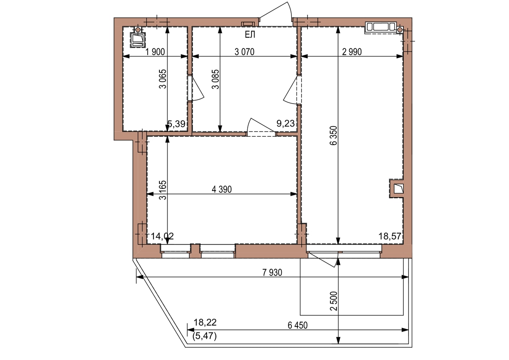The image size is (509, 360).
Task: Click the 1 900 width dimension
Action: click(155, 52)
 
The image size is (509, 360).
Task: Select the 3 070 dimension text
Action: click(244, 52)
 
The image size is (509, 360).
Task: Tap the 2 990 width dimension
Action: click(352, 52)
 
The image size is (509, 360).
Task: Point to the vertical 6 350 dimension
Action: click(334, 135)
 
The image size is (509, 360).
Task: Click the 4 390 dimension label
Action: click(221, 189)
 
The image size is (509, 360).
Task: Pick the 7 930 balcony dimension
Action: click(272, 273)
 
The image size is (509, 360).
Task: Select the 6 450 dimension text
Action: click(298, 325)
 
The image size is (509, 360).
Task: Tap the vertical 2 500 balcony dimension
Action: click(334, 301)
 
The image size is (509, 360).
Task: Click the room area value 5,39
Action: click(176, 124)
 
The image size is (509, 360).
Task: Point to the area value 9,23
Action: click(285, 124)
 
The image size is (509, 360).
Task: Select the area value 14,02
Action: click(162, 236)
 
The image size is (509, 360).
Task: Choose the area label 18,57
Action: click(390, 236)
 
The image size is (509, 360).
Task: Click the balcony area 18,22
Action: click(205, 323)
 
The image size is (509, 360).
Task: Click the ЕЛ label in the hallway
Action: click(250, 35)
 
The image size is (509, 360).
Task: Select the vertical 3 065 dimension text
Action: click(163, 79)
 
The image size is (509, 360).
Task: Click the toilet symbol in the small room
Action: click(138, 37)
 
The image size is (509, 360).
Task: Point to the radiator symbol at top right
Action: click(381, 27)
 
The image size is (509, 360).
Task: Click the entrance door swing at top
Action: click(276, 14)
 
